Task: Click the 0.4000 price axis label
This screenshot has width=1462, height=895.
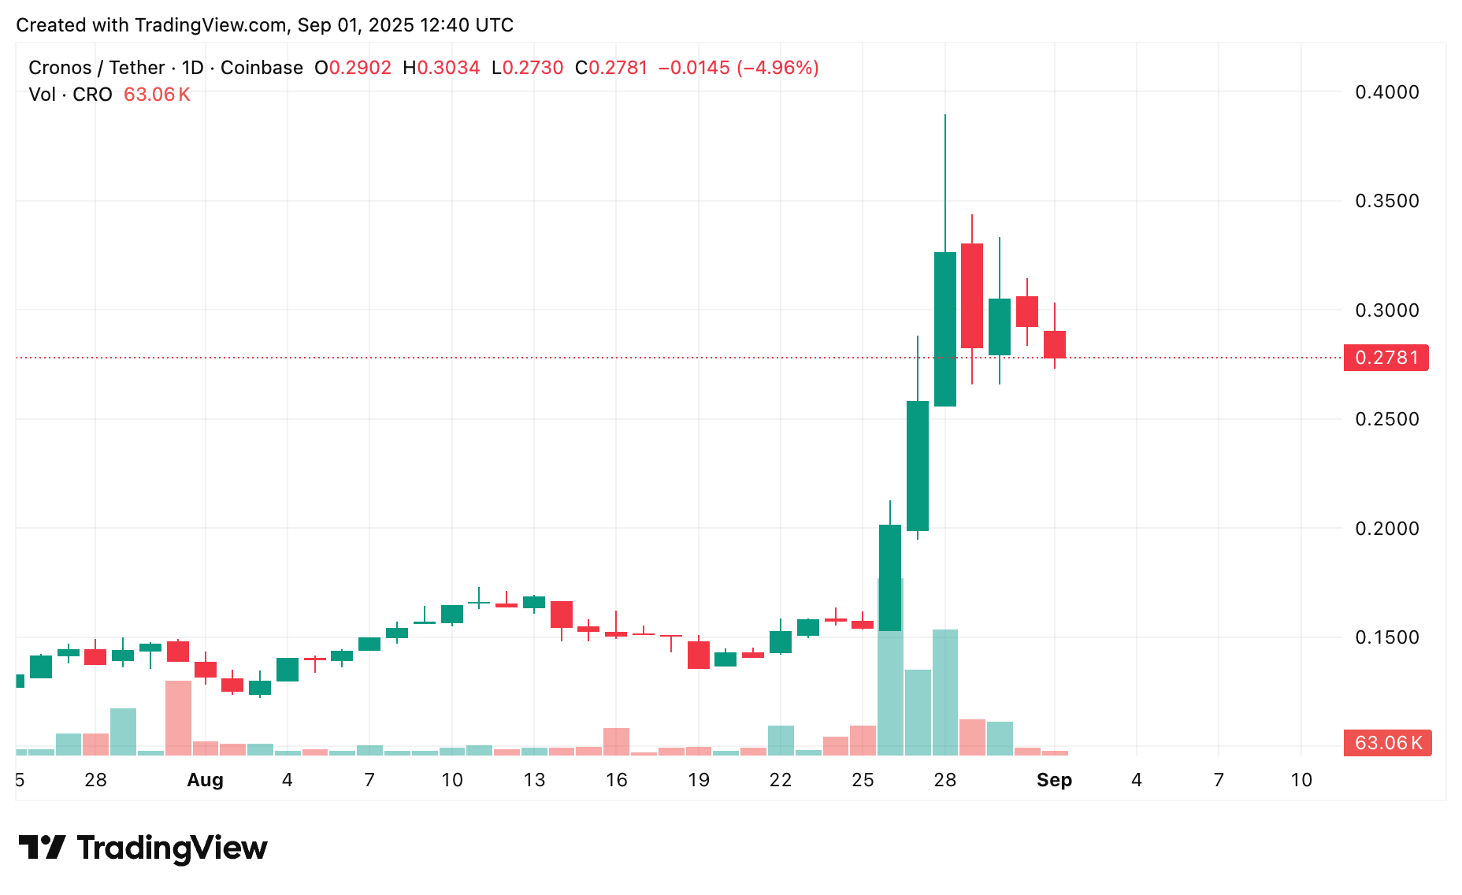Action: pyautogui.click(x=1386, y=92)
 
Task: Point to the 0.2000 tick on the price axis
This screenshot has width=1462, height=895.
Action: pyautogui.click(x=1386, y=529)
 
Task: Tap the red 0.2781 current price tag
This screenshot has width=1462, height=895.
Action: pyautogui.click(x=1386, y=358)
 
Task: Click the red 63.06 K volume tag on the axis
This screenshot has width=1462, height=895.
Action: pyautogui.click(x=1387, y=743)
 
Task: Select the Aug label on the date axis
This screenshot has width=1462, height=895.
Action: pyautogui.click(x=205, y=780)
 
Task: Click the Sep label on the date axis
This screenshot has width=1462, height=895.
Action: pyautogui.click(x=1054, y=780)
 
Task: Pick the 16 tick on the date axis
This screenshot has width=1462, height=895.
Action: pyautogui.click(x=616, y=780)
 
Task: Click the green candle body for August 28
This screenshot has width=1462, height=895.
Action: pyautogui.click(x=945, y=329)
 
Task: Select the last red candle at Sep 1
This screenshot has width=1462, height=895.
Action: pyautogui.click(x=1055, y=344)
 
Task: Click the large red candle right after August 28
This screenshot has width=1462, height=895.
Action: pyautogui.click(x=972, y=295)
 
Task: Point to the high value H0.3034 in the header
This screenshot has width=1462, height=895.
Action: pyautogui.click(x=441, y=68)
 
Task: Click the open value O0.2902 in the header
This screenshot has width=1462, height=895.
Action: pyautogui.click(x=353, y=68)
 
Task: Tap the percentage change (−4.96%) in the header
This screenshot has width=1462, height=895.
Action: pyautogui.click(x=777, y=68)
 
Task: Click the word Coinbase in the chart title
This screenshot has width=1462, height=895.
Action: pyautogui.click(x=262, y=68)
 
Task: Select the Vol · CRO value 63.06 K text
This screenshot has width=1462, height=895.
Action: pyautogui.click(x=157, y=95)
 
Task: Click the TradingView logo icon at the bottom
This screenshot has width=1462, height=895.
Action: pyautogui.click(x=42, y=848)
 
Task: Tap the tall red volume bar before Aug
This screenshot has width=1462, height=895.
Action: pyautogui.click(x=178, y=717)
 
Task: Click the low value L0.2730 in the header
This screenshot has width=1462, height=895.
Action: pyautogui.click(x=527, y=68)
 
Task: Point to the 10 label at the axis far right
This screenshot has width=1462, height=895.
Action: pyautogui.click(x=1301, y=780)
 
